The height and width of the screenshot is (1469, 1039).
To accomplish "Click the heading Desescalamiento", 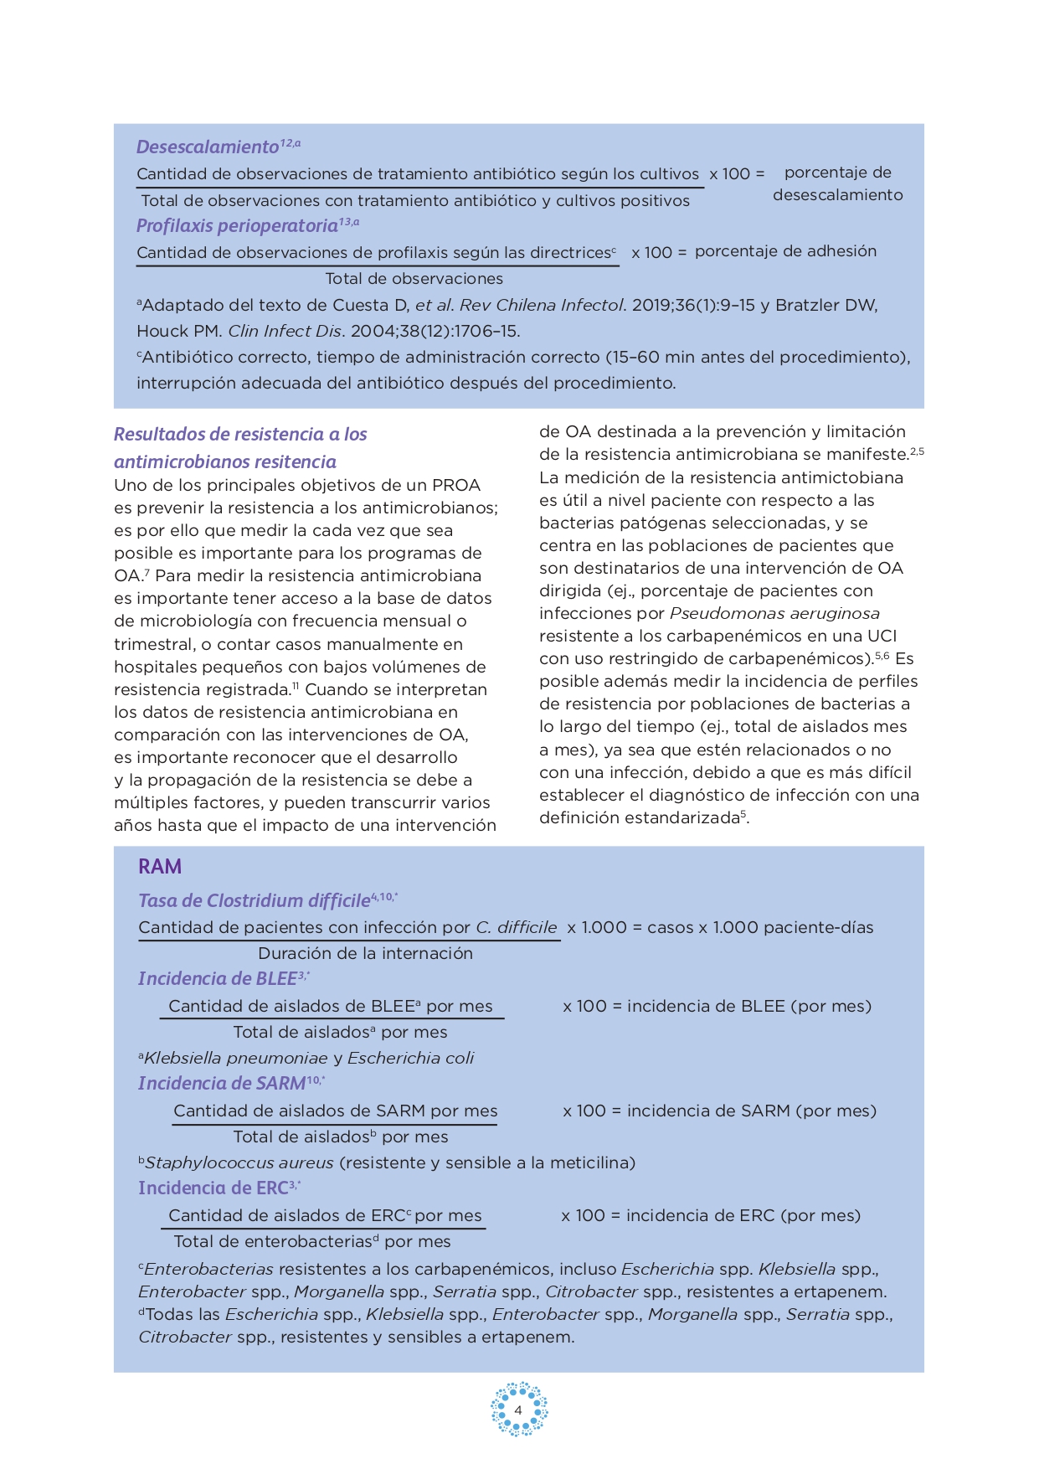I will click(207, 147).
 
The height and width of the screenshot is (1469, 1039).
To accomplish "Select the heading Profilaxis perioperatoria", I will click(237, 226).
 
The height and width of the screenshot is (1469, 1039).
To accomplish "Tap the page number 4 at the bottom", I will click(518, 1410).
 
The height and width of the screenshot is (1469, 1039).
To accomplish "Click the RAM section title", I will click(160, 867).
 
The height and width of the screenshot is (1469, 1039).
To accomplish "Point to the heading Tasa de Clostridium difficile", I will click(255, 901).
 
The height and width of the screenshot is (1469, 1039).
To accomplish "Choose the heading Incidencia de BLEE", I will click(217, 979).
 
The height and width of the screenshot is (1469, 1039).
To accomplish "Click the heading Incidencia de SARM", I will click(222, 1084).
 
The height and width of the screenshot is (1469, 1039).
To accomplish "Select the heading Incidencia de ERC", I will click(213, 1188).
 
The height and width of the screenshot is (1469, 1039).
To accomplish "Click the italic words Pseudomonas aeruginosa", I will click(774, 614).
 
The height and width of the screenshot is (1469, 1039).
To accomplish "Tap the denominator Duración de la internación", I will click(365, 954).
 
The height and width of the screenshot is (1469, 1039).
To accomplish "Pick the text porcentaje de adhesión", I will click(785, 251).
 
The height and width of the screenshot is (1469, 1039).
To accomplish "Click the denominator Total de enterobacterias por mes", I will click(312, 1242).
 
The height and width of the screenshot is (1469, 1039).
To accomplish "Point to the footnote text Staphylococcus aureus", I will click(239, 1163).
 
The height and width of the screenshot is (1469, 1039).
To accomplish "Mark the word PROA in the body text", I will click(456, 486).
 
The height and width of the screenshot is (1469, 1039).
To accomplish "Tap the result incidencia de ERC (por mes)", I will click(743, 1216).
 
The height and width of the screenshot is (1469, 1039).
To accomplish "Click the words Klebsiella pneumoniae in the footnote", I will click(235, 1059).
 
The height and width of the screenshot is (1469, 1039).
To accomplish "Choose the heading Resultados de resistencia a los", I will click(240, 435).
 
